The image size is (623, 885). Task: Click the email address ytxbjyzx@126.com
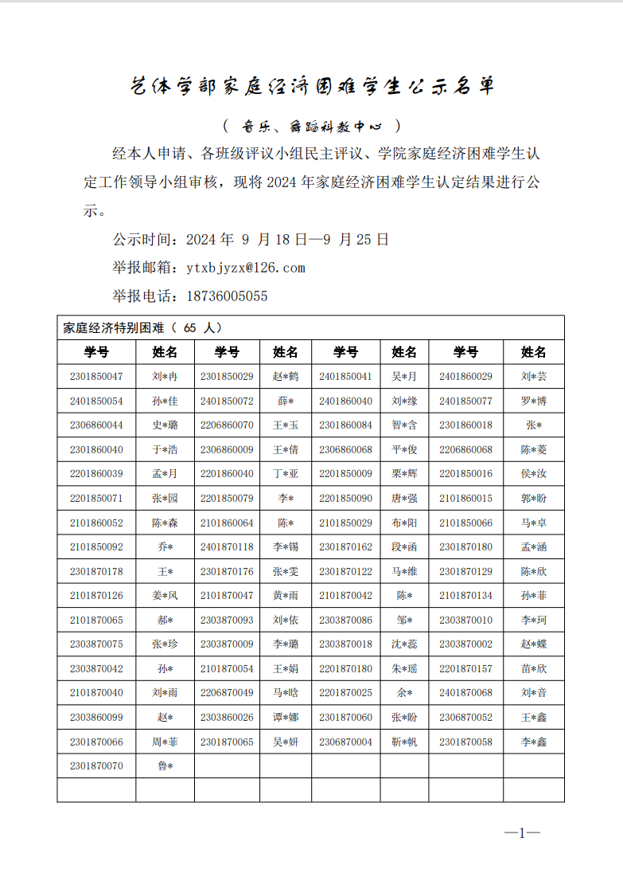[246, 268]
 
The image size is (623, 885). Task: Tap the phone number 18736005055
[227, 296]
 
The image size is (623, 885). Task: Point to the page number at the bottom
[522, 833]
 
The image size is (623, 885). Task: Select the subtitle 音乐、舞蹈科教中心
[312, 126]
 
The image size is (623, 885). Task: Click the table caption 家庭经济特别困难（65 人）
[142, 327]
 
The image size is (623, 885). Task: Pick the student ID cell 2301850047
[96, 377]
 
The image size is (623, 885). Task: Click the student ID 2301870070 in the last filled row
[96, 766]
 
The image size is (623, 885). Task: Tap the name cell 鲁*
[165, 766]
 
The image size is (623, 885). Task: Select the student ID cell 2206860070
[227, 425]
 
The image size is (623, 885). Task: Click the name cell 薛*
[285, 401]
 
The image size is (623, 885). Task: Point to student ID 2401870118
[227, 547]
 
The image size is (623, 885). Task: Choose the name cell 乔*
[165, 547]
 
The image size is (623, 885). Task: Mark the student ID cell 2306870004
[345, 742]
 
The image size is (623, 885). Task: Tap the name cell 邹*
[404, 621]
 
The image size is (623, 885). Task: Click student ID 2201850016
[465, 474]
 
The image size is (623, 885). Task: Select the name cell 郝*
[165, 621]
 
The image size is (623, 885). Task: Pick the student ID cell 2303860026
[227, 718]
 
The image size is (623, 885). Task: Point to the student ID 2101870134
[465, 596]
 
